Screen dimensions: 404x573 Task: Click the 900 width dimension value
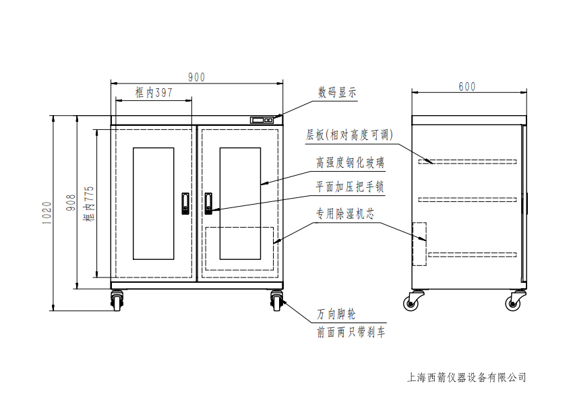(x=196, y=77)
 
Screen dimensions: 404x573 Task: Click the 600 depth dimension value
(x=466, y=86)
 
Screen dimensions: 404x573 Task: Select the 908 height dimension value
(x=70, y=204)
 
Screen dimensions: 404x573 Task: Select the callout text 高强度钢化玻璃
(x=351, y=164)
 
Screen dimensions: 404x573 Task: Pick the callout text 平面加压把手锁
(x=351, y=187)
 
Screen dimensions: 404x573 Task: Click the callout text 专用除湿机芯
(x=346, y=214)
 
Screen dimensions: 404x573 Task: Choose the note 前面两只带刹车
(x=351, y=333)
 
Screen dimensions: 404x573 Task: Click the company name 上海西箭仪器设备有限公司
(x=466, y=377)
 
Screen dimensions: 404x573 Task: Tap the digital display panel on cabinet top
(x=262, y=120)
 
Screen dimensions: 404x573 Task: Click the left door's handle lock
(x=185, y=203)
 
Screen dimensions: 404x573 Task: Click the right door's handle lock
(x=209, y=203)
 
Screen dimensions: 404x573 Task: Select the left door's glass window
(x=154, y=203)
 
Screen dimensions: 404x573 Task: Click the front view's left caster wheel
(x=117, y=301)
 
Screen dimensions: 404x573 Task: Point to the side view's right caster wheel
(x=518, y=301)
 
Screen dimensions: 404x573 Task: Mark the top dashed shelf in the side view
(x=468, y=162)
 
